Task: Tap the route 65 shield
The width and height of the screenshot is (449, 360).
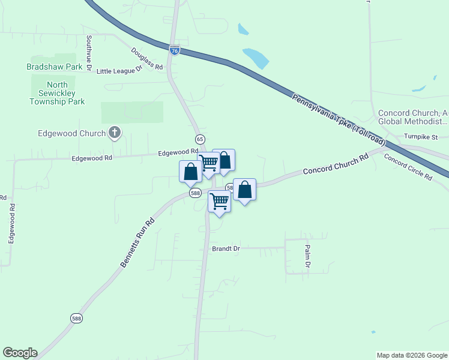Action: pos(200,139)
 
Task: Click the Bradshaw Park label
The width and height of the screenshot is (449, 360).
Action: pos(54,67)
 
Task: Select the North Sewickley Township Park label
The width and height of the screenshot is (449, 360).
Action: pos(57,93)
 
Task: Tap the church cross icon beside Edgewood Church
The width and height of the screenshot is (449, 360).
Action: pos(114,133)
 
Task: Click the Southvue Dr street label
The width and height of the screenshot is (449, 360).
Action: pos(88,50)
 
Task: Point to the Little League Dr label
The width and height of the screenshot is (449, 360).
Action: pos(119,70)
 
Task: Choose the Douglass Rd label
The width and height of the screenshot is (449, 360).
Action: pos(147,59)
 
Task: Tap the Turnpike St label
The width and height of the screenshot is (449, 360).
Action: pos(421,137)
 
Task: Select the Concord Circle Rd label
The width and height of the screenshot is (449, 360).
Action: pos(408,168)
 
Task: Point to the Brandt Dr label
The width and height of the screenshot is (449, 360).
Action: pos(226,248)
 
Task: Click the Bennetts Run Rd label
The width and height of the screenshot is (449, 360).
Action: pos(133,242)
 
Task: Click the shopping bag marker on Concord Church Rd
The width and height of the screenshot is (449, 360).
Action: pos(244,190)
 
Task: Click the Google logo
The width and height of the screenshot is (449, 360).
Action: pos(20,353)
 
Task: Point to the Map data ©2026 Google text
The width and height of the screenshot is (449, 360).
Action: pos(412,355)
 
